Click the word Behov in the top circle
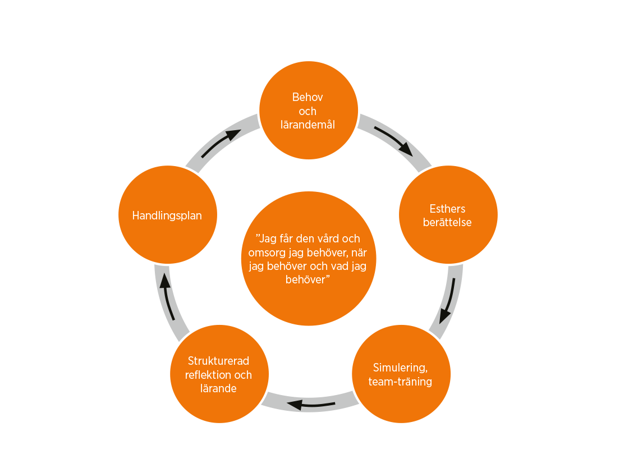tap(308, 97)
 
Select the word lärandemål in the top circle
tap(308, 125)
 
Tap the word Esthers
tap(448, 209)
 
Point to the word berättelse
tap(448, 222)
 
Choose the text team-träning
tap(400, 382)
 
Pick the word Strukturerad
tap(218, 361)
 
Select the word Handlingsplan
tap(167, 215)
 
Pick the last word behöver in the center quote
tap(305, 280)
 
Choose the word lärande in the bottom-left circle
tap(218, 388)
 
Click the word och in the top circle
tap(308, 111)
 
